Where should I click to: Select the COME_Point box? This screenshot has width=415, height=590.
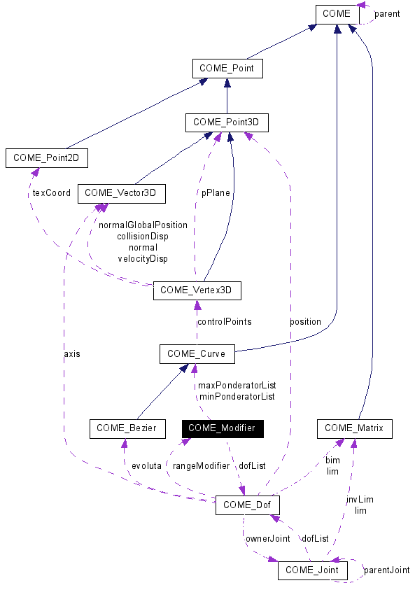coord(227,69)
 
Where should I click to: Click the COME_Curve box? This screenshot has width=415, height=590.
coord(197,354)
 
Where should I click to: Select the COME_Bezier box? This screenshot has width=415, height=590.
coord(127,428)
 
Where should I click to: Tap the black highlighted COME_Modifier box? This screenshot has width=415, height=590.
coord(222,428)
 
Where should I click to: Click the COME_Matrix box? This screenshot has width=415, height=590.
coord(354,428)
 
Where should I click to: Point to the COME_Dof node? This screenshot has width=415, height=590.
coord(248,505)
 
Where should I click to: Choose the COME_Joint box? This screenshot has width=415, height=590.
coord(311,570)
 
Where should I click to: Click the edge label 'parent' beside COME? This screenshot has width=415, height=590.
coord(387,14)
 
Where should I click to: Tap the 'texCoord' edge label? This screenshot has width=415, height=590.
coord(52,193)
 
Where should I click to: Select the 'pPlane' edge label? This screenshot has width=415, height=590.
coord(216,193)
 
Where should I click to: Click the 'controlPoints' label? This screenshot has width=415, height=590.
coord(224,322)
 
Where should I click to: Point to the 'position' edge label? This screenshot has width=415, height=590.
coord(305,322)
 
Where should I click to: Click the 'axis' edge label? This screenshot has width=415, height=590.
coord(71,354)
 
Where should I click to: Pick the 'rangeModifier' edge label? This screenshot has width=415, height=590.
coord(202,465)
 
